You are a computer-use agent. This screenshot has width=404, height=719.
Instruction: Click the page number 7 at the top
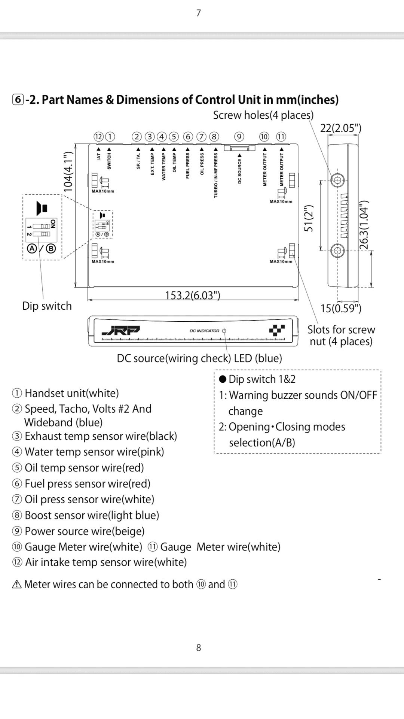pos(199,13)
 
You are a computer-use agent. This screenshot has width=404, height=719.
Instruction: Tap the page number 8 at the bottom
pos(199,647)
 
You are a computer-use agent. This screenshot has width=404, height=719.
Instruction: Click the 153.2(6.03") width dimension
pos(193,295)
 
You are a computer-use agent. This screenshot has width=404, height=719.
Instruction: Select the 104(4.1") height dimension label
pos(68,172)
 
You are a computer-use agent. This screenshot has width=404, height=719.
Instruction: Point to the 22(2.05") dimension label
pos(340,128)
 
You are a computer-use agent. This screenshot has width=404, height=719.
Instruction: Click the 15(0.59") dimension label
pos(341,308)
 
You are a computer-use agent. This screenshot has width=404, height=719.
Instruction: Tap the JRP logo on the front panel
pos(120,331)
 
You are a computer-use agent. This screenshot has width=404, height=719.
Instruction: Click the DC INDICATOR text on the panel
pos(204,331)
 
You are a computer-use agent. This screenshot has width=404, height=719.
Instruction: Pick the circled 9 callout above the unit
pos(239,137)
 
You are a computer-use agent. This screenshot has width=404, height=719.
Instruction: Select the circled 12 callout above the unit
pos(98,137)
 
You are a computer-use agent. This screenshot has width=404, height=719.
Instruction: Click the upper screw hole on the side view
pos(338,180)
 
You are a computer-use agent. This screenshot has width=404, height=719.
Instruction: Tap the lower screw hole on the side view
pos(338,250)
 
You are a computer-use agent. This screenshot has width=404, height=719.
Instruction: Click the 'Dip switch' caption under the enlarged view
pos(47,306)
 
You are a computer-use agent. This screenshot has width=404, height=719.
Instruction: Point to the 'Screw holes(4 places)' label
pos(263,115)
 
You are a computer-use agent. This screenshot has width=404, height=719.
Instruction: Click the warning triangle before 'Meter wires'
pos(17,584)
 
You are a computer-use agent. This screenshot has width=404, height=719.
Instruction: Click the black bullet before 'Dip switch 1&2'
pos(223,379)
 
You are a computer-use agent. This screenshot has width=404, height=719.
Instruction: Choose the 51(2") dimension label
pos(309,219)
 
